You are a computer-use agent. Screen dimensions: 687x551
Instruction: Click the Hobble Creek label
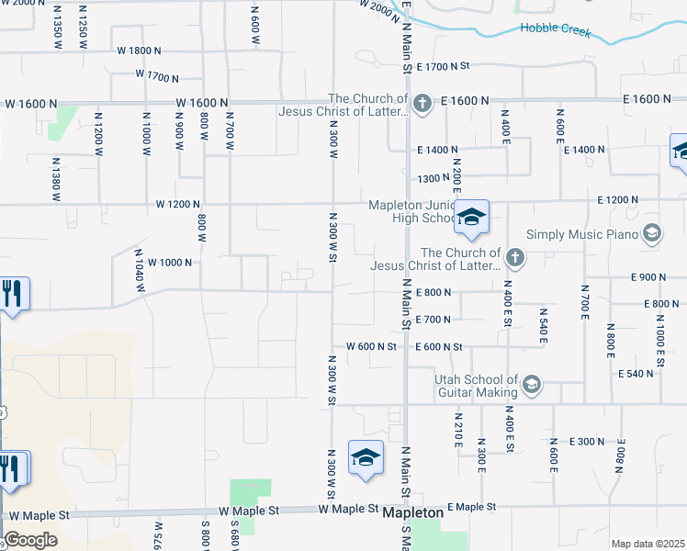(553, 28)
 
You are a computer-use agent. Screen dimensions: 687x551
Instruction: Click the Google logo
(30, 539)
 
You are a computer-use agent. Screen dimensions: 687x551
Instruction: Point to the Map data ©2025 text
(648, 544)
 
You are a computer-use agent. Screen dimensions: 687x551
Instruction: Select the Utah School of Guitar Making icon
(532, 385)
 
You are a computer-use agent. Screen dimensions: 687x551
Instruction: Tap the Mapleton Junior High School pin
(471, 218)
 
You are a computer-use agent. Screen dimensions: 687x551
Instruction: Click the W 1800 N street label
(140, 51)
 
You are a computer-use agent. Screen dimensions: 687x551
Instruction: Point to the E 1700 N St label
(443, 66)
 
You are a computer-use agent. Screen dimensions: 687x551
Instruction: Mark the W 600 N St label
(371, 346)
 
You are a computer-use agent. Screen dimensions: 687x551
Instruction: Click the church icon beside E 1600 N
(422, 102)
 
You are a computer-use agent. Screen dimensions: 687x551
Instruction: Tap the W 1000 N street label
(169, 262)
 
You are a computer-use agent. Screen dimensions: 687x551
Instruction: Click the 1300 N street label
(433, 179)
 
